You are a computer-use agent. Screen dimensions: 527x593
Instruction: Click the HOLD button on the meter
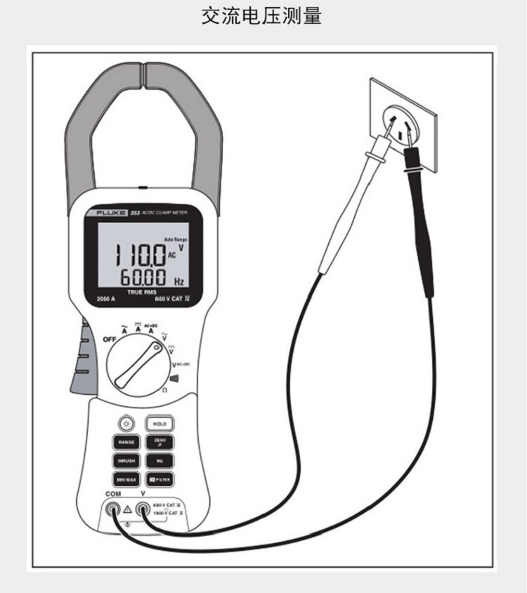coord(160,424)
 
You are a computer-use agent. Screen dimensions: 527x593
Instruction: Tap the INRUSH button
coord(126,461)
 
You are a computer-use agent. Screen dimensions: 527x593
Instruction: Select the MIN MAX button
coord(126,479)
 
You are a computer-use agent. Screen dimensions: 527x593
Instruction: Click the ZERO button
coord(160,443)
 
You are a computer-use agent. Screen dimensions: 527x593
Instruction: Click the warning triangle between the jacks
coord(128,509)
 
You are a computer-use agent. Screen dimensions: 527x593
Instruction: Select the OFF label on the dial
coord(110,339)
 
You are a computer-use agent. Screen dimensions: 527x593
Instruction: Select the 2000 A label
coord(105,299)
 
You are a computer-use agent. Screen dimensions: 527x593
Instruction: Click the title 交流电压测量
coord(262,16)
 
